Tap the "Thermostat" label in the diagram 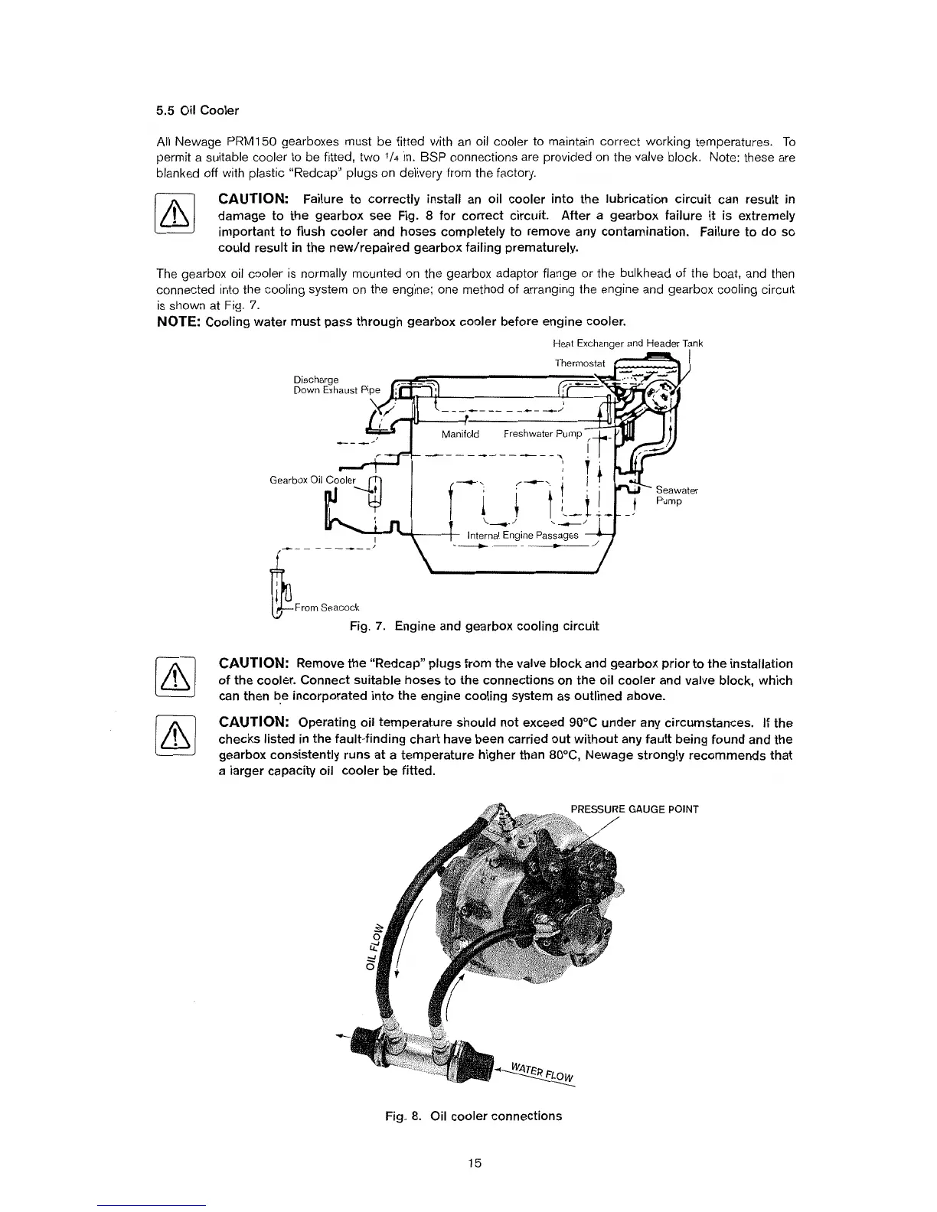[580, 362]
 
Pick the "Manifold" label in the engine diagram [460, 435]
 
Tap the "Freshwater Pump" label [543, 435]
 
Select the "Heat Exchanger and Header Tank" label [615, 344]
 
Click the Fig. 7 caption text [473, 627]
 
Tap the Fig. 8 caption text [473, 1116]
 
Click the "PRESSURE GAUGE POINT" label [635, 809]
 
